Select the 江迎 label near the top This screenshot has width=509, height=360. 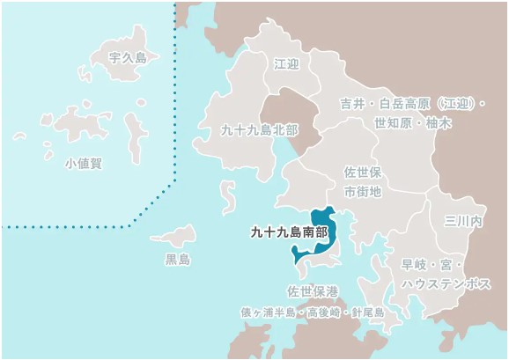(x=287, y=64)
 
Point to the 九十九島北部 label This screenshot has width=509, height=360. (x=260, y=129)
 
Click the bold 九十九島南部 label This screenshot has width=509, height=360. (x=288, y=233)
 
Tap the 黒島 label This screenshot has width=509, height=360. (x=178, y=259)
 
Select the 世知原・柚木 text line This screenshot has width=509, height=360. (x=412, y=123)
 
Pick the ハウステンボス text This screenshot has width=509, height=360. (x=446, y=283)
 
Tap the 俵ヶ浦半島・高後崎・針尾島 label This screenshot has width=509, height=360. (x=313, y=312)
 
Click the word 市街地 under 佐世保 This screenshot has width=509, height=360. (x=362, y=191)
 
